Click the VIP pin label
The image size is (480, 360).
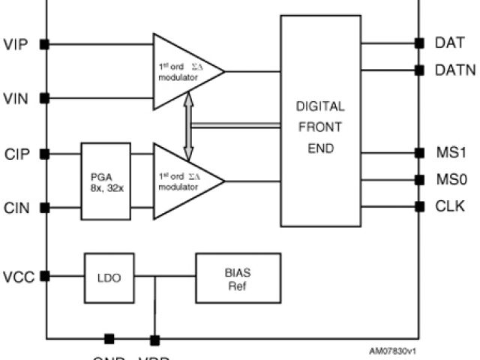pyautogui.click(x=16, y=43)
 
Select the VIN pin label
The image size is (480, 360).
pyautogui.click(x=16, y=97)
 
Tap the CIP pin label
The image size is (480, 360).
pyautogui.click(x=16, y=154)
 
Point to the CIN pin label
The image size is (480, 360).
pyautogui.click(x=16, y=208)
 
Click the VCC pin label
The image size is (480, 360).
pyautogui.click(x=16, y=276)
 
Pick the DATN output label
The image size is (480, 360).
pyautogui.click(x=455, y=70)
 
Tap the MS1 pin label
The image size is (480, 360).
pyautogui.click(x=451, y=153)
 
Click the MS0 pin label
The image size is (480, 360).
pyautogui.click(x=451, y=180)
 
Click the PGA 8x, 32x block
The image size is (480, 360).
pyautogui.click(x=106, y=181)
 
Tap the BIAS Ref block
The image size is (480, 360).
pyautogui.click(x=238, y=277)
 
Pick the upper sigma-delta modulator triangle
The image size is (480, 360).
pyautogui.click(x=184, y=70)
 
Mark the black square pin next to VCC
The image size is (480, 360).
pyautogui.click(x=46, y=276)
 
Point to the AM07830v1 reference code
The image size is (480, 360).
pyautogui.click(x=392, y=350)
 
